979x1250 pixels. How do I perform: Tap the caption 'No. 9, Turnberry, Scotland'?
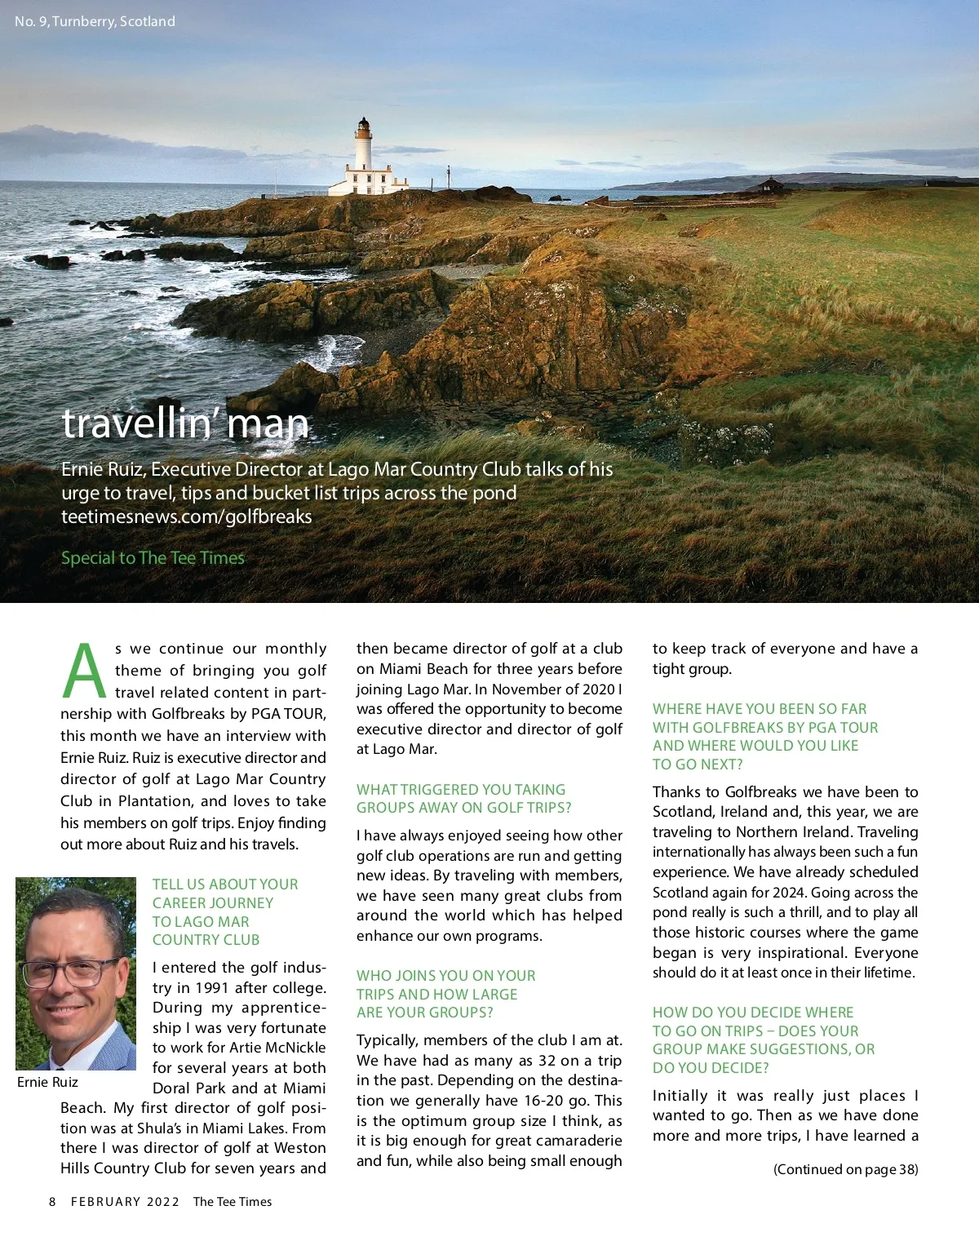click(x=95, y=21)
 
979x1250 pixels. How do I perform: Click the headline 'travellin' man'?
click(x=185, y=423)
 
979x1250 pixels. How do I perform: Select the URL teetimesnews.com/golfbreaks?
click(x=186, y=516)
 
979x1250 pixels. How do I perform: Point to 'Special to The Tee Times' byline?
click(x=153, y=558)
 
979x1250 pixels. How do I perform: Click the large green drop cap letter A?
click(x=84, y=672)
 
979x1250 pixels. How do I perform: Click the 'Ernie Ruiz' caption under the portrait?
click(x=47, y=1082)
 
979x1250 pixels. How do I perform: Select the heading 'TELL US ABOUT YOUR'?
click(x=225, y=884)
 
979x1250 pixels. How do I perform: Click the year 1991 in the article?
click(x=212, y=987)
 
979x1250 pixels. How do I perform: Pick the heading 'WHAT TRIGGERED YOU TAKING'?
click(x=460, y=790)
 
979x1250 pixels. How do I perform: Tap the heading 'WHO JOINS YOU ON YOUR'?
click(x=445, y=976)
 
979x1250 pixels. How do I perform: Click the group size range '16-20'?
click(x=543, y=1101)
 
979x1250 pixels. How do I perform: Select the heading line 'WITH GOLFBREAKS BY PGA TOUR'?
click(x=764, y=727)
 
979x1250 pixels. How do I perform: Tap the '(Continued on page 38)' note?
click(x=845, y=1169)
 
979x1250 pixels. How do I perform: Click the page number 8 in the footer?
click(x=52, y=1202)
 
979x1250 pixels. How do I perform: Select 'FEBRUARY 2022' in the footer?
click(x=125, y=1202)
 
